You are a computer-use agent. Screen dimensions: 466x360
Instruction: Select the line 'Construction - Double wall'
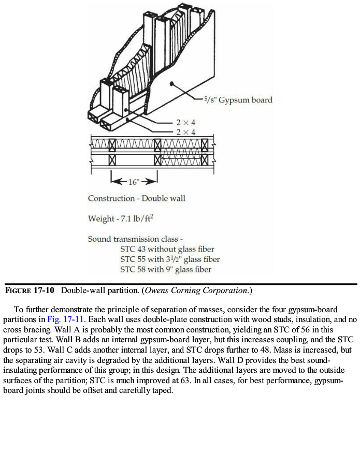pos(136,198)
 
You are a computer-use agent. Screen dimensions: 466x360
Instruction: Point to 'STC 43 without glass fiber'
pos(167,249)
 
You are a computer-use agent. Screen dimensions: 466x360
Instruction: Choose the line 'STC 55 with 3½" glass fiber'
pos(170,259)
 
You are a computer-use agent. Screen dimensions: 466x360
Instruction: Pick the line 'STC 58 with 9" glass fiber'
pos(166,269)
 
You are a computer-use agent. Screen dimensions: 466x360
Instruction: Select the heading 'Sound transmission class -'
pos(136,239)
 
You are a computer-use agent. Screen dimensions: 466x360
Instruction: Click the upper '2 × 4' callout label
pos(185,123)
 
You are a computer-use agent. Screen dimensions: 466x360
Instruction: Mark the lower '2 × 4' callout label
pos(185,133)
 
